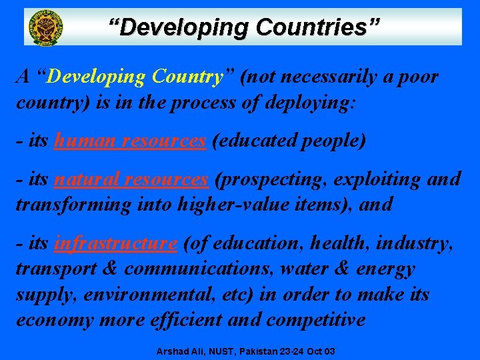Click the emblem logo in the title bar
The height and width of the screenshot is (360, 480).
[x=45, y=27]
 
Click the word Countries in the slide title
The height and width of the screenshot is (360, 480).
[x=317, y=28]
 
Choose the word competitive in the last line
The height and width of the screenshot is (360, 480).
[x=316, y=319]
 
